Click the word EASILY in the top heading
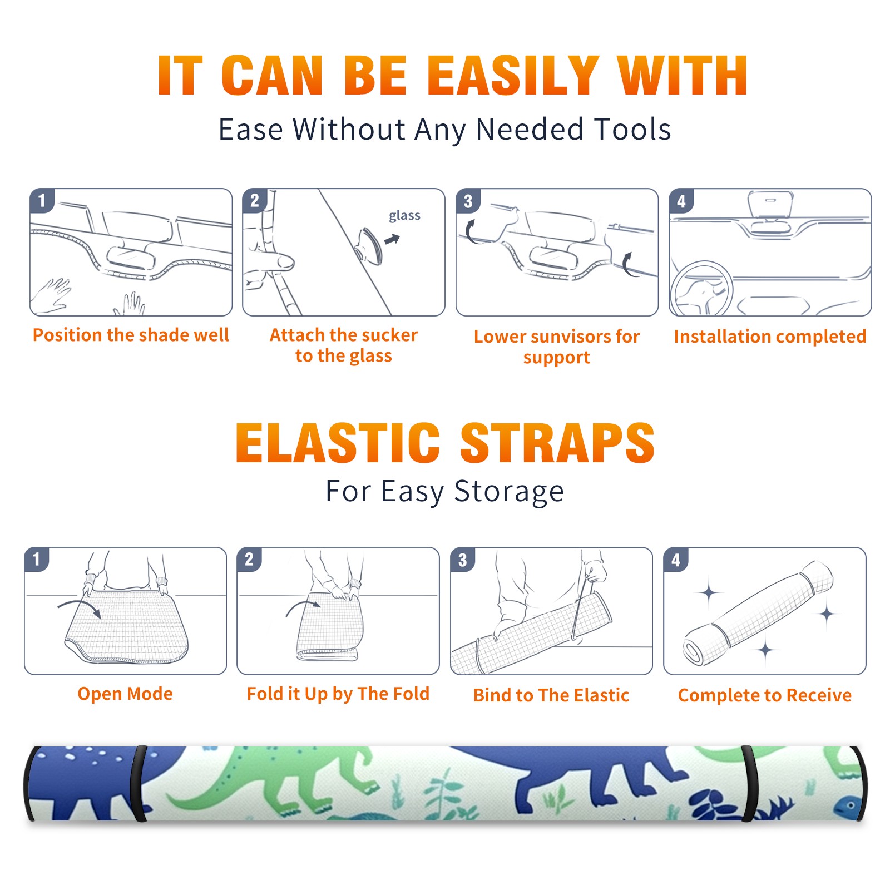512,76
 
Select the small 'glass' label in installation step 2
404,216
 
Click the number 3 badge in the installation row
468,201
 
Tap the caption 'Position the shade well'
131,335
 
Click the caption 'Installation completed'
770,337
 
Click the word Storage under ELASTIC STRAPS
509,492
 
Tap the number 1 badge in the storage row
37,560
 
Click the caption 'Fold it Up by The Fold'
338,694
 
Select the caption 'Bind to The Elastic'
551,695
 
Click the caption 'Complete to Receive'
765,695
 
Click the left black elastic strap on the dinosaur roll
139,783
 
